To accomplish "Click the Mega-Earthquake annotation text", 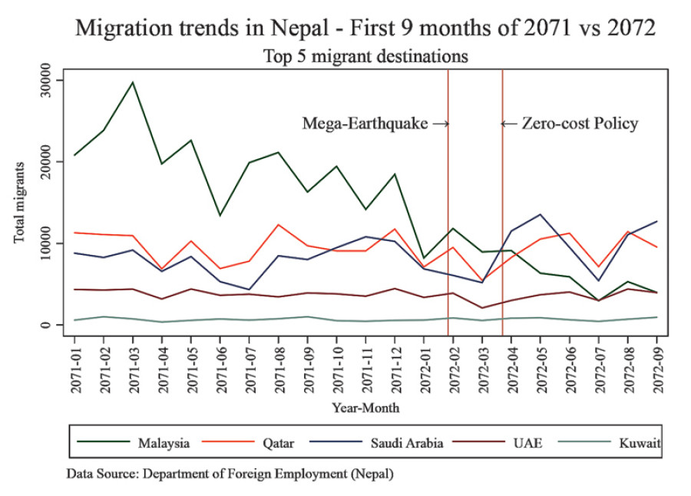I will pyautogui.click(x=365, y=124).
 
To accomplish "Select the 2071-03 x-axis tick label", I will pyautogui.click(x=133, y=366).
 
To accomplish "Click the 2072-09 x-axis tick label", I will pyautogui.click(x=657, y=366).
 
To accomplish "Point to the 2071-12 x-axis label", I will pyautogui.click(x=395, y=366).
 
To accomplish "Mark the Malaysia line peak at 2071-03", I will pyautogui.click(x=133, y=82).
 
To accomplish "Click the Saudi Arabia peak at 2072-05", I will pyautogui.click(x=541, y=214).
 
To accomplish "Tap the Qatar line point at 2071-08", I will pyautogui.click(x=279, y=225).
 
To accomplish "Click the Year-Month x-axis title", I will pyautogui.click(x=365, y=407).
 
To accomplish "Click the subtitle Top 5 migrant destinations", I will pyautogui.click(x=365, y=56).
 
